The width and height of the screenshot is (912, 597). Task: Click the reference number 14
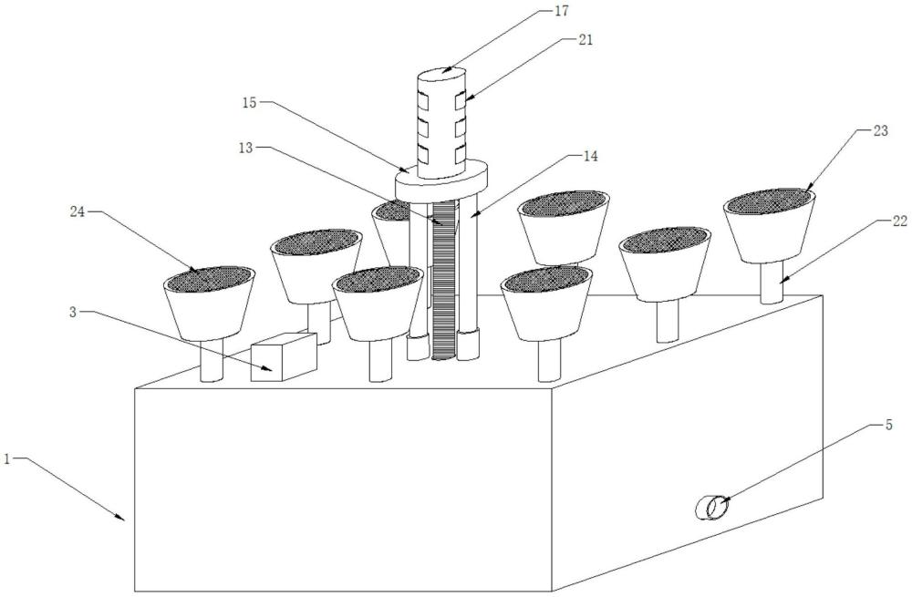(590, 156)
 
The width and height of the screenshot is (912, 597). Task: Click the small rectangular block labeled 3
(283, 356)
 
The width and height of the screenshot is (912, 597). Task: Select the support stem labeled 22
(774, 281)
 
